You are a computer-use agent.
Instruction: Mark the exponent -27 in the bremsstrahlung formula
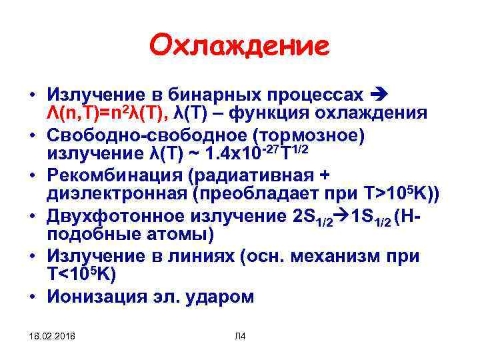267,148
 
